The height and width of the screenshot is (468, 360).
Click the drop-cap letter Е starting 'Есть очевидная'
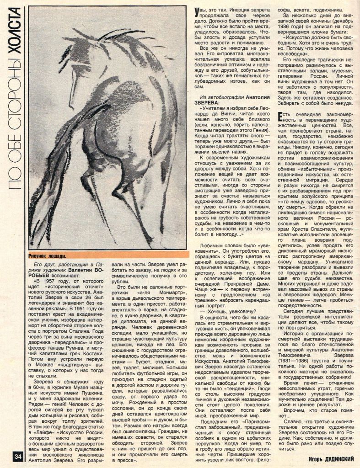click(281, 116)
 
